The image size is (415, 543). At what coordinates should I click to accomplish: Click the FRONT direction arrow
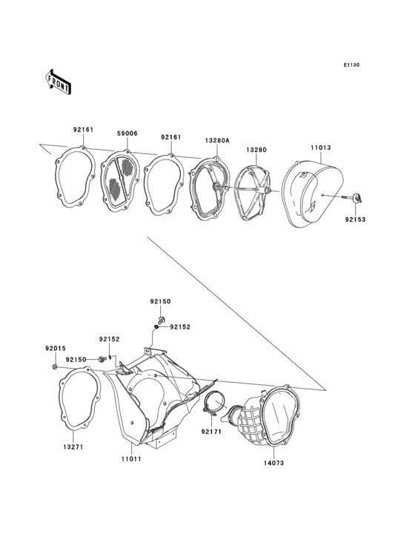click(59, 82)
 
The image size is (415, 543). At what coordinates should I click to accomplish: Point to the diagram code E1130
click(351, 65)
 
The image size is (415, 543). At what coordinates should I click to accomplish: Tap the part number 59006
click(127, 134)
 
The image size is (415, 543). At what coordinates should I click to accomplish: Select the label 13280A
click(217, 140)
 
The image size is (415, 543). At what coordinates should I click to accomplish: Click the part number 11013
click(321, 148)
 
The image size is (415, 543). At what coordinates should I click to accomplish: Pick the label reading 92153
click(355, 220)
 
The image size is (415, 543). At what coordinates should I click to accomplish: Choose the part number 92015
click(56, 349)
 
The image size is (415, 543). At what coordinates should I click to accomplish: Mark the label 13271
click(73, 447)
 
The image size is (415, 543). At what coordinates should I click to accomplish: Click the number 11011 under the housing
click(131, 459)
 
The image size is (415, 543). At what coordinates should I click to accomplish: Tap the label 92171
click(211, 432)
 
